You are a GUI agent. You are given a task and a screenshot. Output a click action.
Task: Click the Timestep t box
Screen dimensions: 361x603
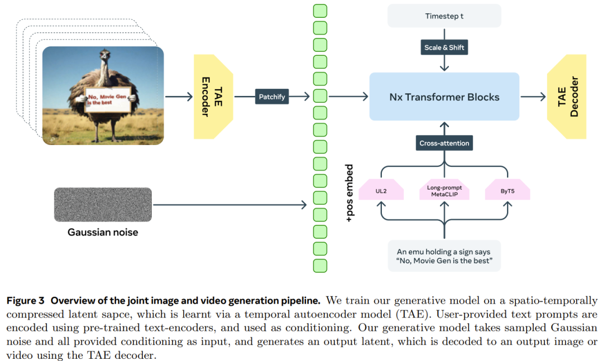[444, 16]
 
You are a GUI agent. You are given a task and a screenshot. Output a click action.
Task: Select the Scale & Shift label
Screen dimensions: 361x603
[444, 47]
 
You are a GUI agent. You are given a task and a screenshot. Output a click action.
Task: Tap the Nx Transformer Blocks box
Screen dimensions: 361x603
[444, 97]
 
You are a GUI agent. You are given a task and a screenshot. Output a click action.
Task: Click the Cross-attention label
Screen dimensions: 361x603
[444, 143]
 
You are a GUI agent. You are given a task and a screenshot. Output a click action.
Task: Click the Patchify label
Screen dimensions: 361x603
[272, 97]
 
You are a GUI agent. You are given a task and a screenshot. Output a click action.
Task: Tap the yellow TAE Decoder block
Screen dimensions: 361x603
[567, 97]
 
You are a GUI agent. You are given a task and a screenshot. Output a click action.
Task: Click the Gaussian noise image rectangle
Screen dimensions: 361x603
[103, 205]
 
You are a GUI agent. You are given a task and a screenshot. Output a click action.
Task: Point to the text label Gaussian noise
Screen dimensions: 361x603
[103, 232]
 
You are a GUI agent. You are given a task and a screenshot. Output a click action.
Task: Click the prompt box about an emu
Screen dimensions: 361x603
[444, 256]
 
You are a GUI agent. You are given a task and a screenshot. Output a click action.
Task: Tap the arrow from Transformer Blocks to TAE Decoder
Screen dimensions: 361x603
[533, 97]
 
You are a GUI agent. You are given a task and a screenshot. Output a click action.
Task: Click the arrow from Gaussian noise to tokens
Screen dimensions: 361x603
[229, 205]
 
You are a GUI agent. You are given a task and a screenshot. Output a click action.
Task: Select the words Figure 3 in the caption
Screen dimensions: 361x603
[26, 301]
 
